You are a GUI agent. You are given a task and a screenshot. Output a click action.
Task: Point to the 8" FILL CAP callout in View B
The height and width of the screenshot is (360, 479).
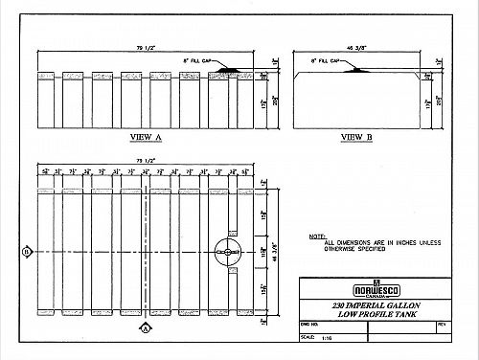click(327, 60)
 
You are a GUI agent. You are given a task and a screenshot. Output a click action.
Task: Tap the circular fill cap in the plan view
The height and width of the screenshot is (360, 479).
click(228, 251)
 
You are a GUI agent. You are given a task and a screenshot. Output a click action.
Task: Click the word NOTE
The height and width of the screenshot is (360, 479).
click(317, 236)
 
